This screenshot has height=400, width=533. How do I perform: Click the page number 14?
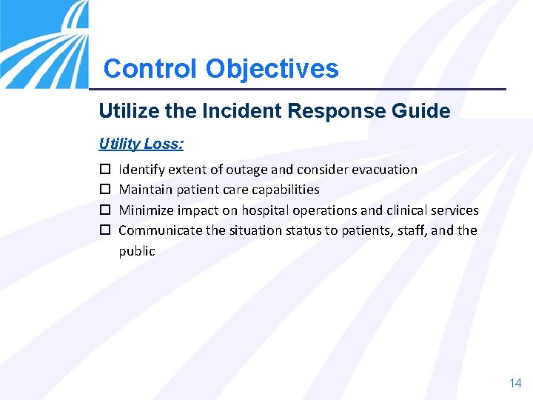515,383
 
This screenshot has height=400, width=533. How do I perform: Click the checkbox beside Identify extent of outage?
104,170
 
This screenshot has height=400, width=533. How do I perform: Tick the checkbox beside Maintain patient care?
104,190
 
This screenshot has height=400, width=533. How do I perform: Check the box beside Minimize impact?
104,210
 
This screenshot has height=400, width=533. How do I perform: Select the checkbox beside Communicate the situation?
104,230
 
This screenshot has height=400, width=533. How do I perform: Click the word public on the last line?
137,251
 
